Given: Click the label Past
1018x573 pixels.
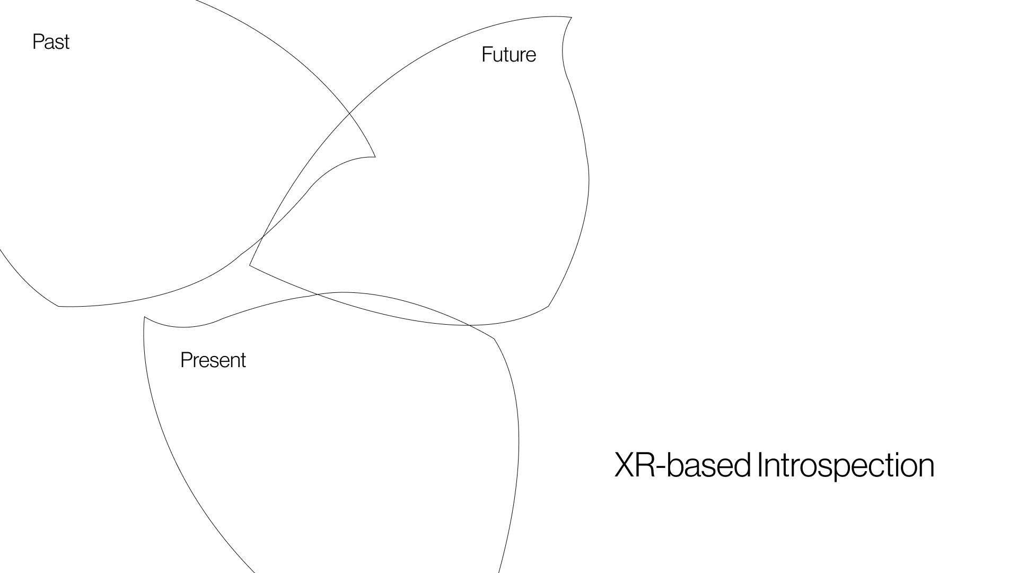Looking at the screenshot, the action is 51,42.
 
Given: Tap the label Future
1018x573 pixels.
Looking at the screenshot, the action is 508,55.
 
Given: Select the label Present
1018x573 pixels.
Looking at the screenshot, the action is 213,360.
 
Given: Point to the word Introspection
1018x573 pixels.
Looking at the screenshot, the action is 846,465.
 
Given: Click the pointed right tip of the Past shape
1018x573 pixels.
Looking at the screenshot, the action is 375,157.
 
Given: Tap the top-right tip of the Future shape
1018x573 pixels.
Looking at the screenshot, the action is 571,18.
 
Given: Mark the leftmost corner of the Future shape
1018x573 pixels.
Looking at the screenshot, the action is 250,265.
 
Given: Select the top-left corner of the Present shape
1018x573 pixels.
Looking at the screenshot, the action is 145,317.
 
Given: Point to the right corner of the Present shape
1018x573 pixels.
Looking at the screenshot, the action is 494,338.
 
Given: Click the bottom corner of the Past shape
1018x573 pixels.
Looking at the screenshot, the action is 58,306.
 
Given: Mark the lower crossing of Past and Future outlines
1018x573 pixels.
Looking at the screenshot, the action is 263,237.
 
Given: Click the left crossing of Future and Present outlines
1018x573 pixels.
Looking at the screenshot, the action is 317,294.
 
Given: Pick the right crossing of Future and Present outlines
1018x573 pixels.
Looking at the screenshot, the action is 469,325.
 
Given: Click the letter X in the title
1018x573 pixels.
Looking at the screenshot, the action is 625,465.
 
